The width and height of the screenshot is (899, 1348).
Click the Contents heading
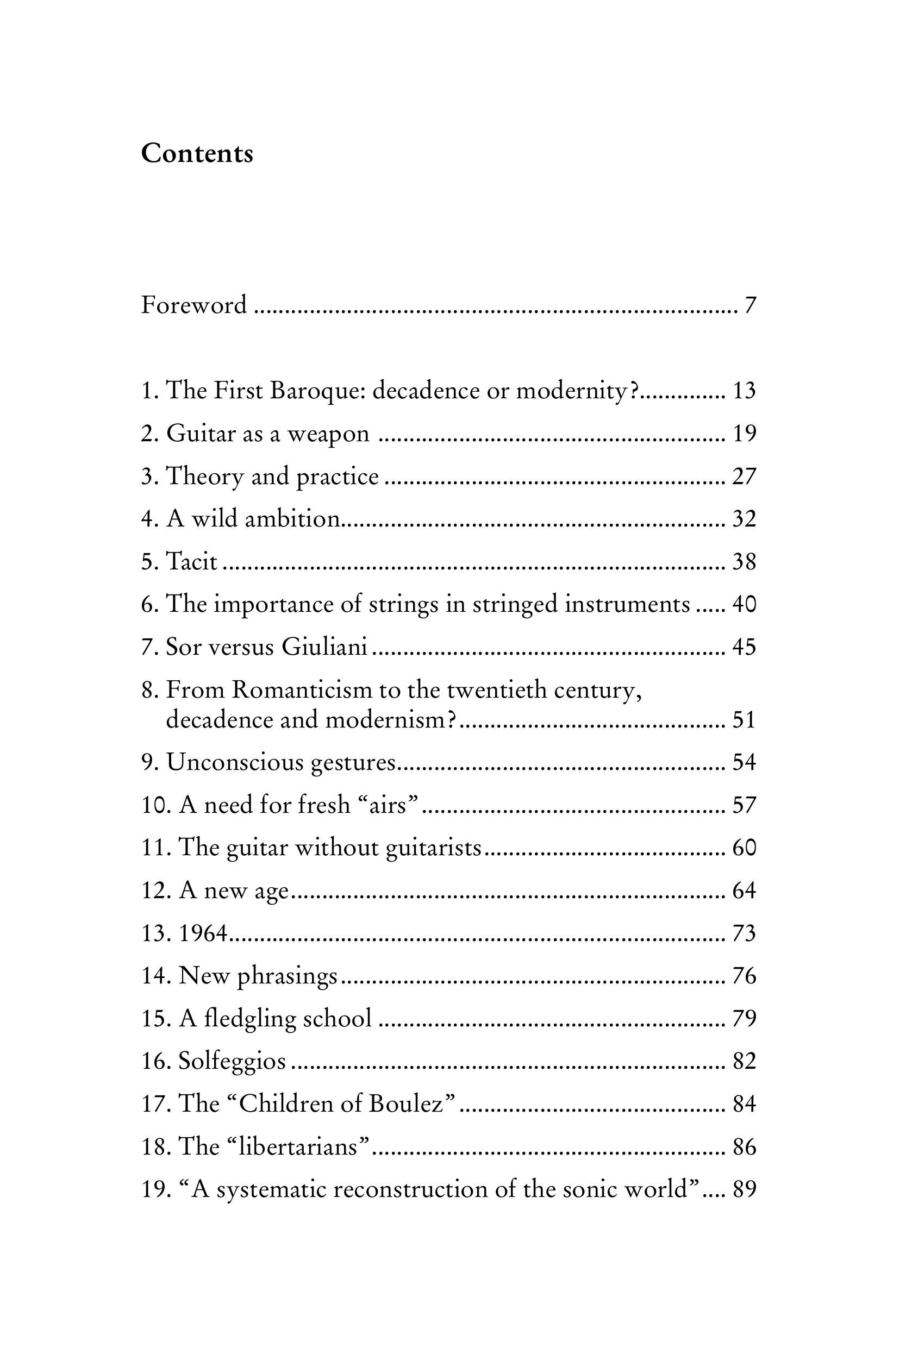click(197, 154)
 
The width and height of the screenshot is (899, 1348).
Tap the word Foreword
click(194, 305)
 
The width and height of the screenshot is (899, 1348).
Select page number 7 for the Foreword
click(750, 305)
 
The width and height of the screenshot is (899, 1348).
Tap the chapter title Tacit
click(191, 562)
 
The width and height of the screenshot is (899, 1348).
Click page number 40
click(744, 605)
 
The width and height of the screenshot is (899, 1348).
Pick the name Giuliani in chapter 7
click(324, 647)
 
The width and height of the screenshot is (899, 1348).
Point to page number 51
click(744, 720)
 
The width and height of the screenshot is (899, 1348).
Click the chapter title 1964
click(203, 933)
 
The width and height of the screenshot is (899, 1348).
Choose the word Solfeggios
click(232, 1062)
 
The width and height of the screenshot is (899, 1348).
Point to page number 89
click(744, 1190)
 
